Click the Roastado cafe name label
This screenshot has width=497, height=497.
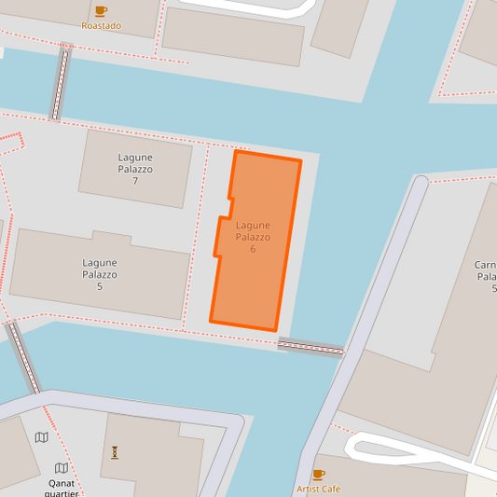coord(101,25)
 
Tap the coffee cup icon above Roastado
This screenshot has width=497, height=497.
coord(101,10)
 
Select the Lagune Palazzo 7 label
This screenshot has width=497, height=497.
coord(135,169)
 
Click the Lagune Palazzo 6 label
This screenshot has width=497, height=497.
coord(253,237)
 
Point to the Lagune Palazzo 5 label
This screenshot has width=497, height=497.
coord(100,274)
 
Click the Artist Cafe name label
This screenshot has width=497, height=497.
coord(318,489)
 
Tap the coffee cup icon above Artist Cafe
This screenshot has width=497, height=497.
coord(318,474)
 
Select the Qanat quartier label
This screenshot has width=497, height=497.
coord(62,488)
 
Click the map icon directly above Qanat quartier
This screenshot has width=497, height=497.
coord(62,468)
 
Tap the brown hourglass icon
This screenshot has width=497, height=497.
coord(115,452)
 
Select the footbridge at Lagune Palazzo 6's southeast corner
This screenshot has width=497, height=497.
coord(311,347)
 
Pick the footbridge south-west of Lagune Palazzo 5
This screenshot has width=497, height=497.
coord(24,358)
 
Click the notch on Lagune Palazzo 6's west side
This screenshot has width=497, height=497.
coord(224,209)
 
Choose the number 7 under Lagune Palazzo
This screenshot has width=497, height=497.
coord(135,181)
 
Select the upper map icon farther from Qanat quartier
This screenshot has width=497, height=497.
coord(41,437)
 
